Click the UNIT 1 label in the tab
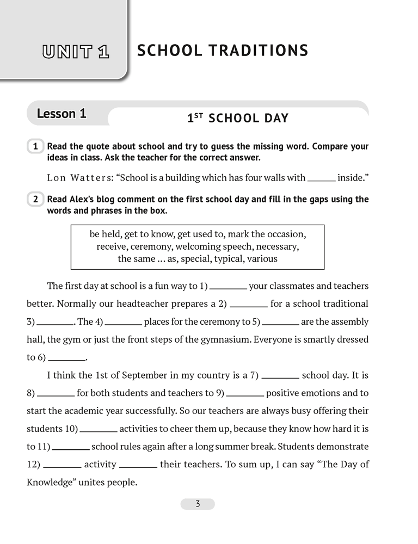point(76,53)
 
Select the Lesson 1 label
point(62,114)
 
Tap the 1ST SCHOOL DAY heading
point(238,118)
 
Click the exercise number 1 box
point(35,147)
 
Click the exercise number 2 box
point(35,200)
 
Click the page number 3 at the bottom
point(198,504)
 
